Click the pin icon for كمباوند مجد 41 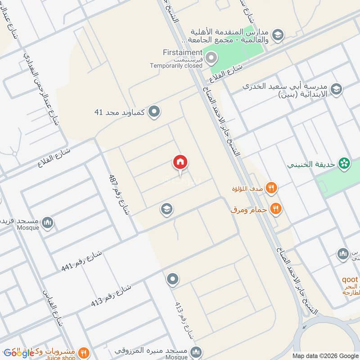[154, 111]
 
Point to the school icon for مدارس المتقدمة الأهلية [278, 34]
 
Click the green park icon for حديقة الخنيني [345, 164]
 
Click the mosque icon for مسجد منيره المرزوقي [196, 351]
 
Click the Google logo [19, 353]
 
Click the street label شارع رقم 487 [119, 194]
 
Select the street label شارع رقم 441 [82, 261]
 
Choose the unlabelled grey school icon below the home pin [167, 209]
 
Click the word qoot [350, 279]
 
